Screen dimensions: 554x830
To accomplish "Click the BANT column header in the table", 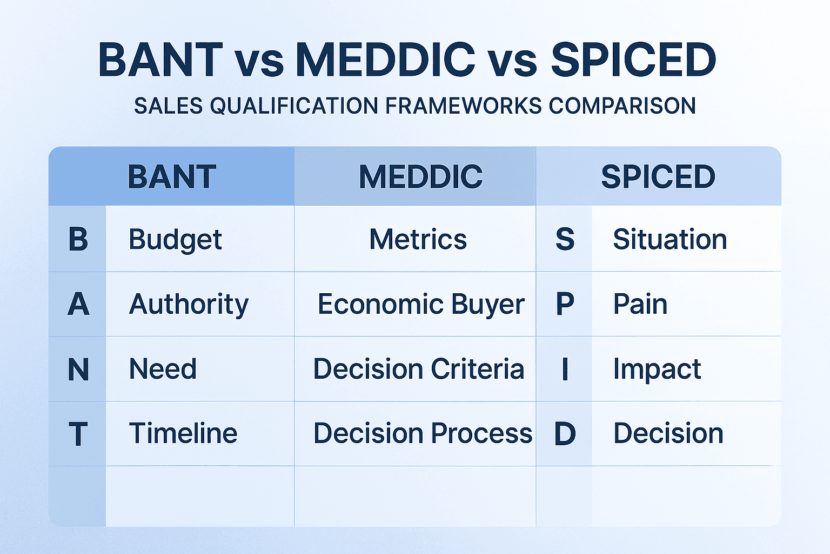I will (x=172, y=176).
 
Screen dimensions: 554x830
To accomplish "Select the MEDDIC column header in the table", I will (x=420, y=176).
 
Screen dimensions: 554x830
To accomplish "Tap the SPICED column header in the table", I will (x=658, y=176).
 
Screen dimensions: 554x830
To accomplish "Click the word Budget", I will (x=175, y=240).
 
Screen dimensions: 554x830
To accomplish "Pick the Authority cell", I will (x=189, y=305).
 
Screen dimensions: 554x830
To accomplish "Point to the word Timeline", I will (x=183, y=434).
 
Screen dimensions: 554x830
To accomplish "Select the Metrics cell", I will (x=418, y=239).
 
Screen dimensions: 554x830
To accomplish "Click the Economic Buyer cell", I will (x=420, y=305).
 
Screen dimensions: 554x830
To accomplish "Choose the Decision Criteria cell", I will (x=419, y=369).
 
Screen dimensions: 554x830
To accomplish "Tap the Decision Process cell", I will (x=423, y=434).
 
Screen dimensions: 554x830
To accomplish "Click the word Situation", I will (x=670, y=239).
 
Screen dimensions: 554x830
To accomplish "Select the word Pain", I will (x=640, y=304).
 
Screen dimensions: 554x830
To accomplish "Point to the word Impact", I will (x=657, y=370).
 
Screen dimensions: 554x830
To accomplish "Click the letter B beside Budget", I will (x=78, y=239).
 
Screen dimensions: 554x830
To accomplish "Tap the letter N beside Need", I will (x=78, y=370).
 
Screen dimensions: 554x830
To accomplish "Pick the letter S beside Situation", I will (x=565, y=239).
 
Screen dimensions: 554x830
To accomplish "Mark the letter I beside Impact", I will (x=565, y=370).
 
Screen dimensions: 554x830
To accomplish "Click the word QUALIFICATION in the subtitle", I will (x=294, y=106).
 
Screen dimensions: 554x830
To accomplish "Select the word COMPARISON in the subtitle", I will (x=622, y=106).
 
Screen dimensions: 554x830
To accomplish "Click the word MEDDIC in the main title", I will (x=385, y=60).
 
